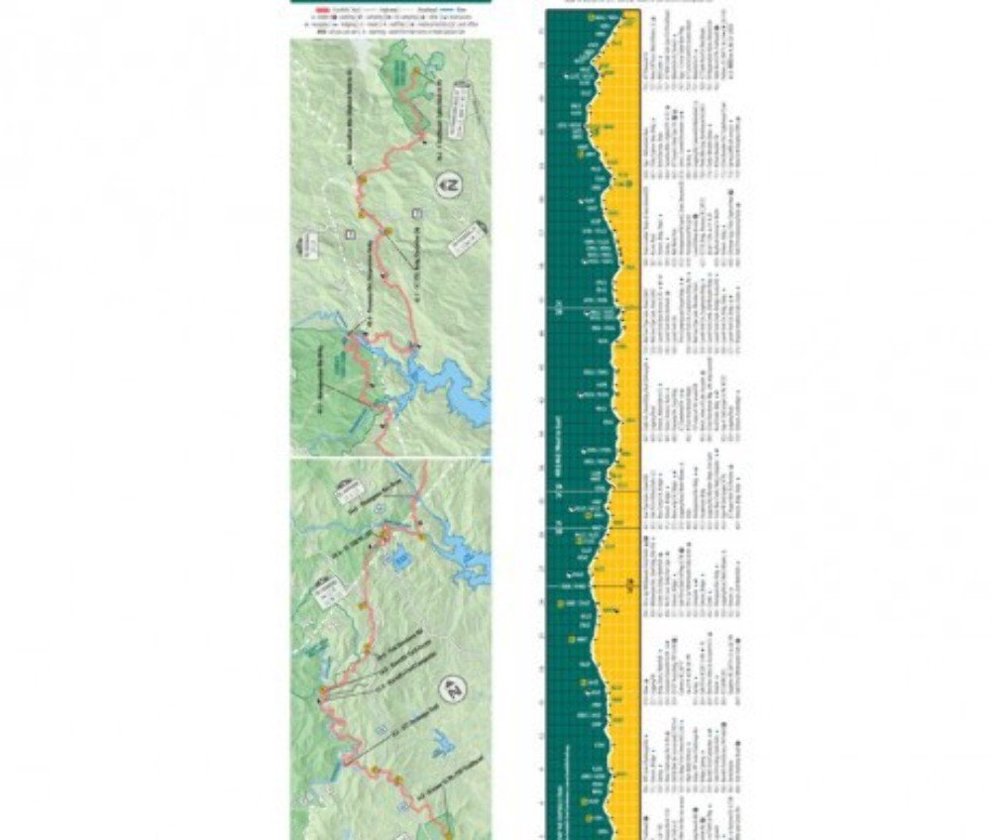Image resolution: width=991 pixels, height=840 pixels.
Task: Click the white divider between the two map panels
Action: (x=391, y=459)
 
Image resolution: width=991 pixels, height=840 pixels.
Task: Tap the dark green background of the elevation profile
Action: (x=560, y=396)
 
